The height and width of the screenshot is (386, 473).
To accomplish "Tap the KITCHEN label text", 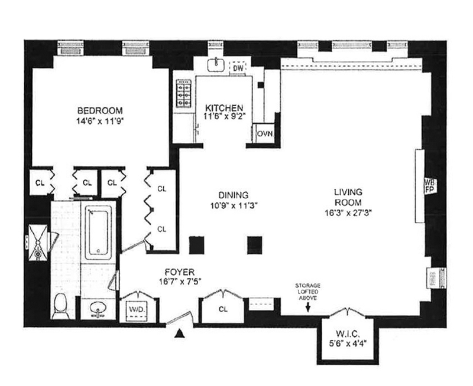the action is point(223,108).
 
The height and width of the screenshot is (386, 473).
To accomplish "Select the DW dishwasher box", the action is point(237,69).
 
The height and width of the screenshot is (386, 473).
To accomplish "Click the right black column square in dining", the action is point(254,243).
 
